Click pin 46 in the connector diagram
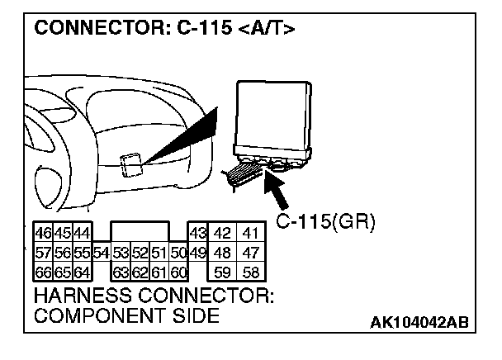coord(42,233)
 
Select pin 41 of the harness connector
coord(251,233)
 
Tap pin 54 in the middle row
coord(101,252)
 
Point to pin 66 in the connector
coord(42,272)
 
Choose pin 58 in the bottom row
coord(251,272)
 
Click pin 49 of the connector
coord(197,252)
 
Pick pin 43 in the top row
coord(197,233)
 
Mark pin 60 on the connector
coord(179,272)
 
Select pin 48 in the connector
coord(222,252)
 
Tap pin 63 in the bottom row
coord(121,272)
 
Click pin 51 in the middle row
coord(159,252)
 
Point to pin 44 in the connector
coord(81,233)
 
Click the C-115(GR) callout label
coord(324,222)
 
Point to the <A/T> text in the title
coord(265,30)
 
